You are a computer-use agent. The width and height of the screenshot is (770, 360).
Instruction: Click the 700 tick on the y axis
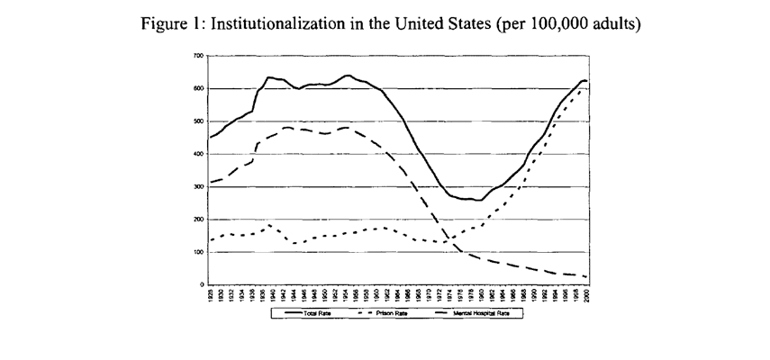199,56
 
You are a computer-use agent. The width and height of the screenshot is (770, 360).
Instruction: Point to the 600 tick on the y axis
199,88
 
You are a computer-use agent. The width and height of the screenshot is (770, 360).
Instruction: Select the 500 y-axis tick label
199,121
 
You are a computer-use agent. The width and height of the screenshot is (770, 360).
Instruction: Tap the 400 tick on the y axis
199,154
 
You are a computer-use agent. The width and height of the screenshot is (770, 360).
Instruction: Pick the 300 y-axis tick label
199,187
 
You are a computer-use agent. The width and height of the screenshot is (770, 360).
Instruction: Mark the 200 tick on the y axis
199,220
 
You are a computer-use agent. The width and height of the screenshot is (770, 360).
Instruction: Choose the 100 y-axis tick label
199,252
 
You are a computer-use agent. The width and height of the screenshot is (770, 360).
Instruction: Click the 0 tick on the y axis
203,284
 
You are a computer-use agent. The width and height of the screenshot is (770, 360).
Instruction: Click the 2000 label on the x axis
587,295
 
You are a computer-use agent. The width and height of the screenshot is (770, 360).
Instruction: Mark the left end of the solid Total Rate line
210,138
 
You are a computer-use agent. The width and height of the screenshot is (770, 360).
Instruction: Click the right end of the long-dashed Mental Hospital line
587,277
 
